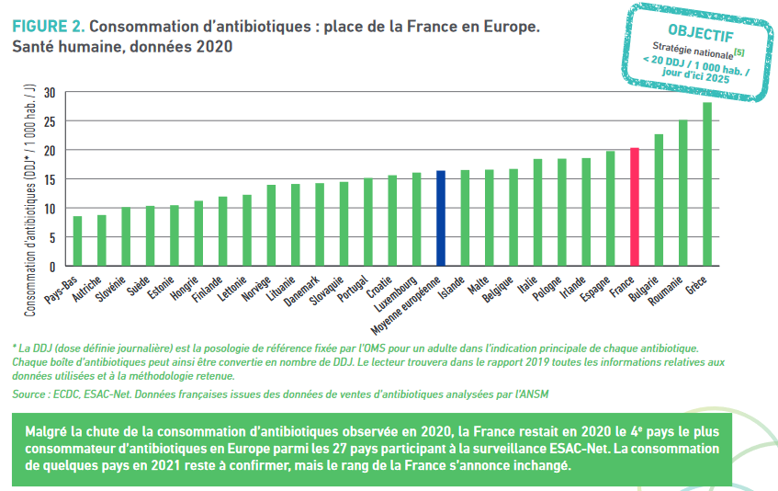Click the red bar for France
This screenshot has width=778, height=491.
[x=635, y=207]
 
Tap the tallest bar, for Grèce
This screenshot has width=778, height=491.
[x=707, y=184]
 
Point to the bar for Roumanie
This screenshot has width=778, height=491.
[x=683, y=193]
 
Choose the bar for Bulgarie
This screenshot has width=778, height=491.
[x=659, y=200]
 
